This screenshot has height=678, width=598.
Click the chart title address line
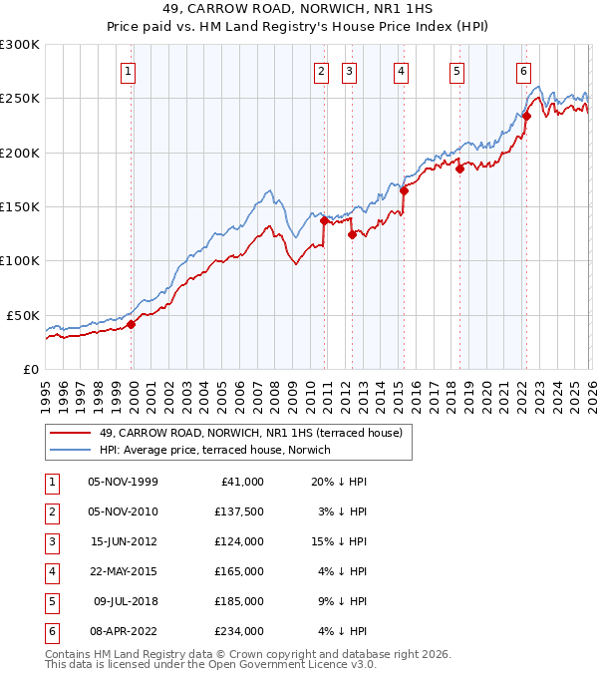(299, 10)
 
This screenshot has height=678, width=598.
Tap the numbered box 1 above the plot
(131, 71)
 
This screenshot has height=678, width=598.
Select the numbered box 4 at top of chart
(400, 71)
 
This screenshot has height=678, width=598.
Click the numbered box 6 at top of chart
(523, 71)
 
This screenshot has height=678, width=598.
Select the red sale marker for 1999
(131, 324)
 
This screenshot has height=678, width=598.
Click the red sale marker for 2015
(404, 190)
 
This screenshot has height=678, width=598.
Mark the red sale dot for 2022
(526, 116)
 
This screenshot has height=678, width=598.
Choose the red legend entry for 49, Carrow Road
(250, 433)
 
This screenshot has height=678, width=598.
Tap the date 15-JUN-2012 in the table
(123, 541)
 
